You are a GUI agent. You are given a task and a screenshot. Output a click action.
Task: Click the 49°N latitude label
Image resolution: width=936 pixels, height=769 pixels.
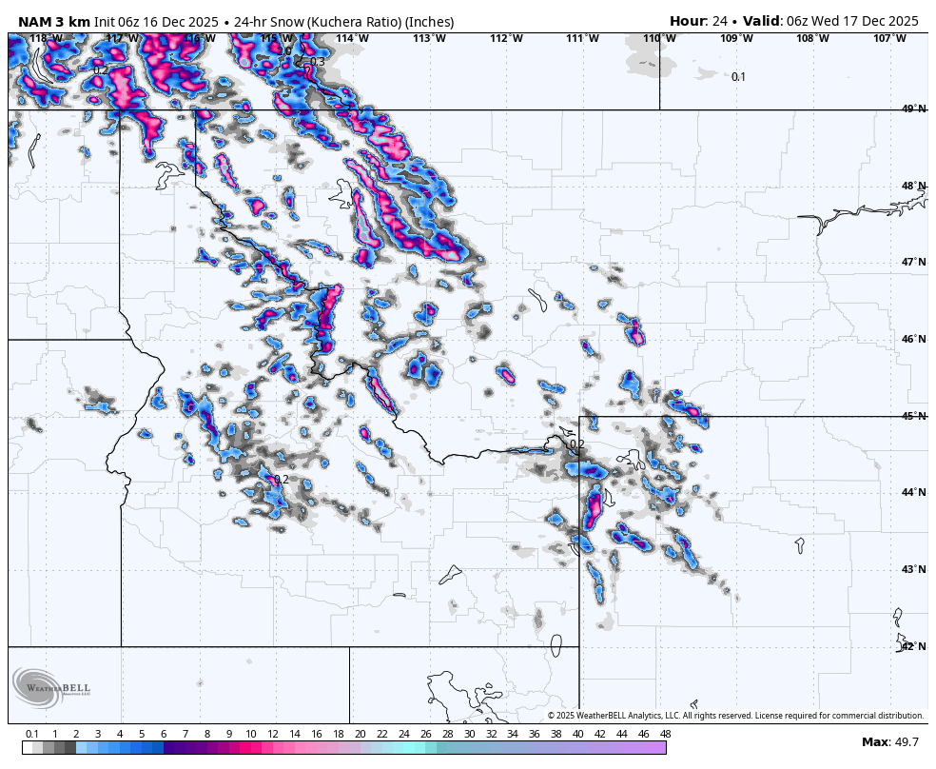click(x=913, y=109)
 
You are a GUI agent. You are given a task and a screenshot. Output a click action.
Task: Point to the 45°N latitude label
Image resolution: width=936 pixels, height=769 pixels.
click(x=913, y=416)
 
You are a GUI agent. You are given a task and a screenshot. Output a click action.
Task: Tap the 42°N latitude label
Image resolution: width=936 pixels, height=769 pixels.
click(x=913, y=646)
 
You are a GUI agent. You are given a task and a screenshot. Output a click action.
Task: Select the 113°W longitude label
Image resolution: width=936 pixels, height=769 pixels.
click(x=429, y=38)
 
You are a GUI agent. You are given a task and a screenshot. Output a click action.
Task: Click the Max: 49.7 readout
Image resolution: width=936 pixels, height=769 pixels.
click(x=890, y=741)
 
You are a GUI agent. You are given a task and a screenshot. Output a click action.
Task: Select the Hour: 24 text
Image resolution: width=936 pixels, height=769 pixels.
click(x=701, y=21)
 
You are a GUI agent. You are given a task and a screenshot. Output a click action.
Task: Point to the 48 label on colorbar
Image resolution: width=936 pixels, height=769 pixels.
click(x=665, y=734)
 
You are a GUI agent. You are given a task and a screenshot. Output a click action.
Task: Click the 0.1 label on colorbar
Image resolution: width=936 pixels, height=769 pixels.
click(x=32, y=734)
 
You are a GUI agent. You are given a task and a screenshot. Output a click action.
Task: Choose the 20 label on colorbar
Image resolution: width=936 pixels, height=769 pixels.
click(x=360, y=734)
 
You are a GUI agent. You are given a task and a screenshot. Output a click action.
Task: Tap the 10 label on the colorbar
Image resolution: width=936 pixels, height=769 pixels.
click(x=250, y=734)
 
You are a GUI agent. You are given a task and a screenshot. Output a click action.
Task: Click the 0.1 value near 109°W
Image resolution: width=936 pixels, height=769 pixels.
click(x=738, y=77)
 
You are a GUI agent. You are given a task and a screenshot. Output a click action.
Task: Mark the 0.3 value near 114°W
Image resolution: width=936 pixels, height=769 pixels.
click(x=317, y=62)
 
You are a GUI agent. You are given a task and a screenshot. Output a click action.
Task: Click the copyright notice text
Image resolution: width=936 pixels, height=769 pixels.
click(x=735, y=716)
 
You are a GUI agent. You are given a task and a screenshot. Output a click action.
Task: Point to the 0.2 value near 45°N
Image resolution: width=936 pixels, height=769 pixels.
click(x=576, y=444)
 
